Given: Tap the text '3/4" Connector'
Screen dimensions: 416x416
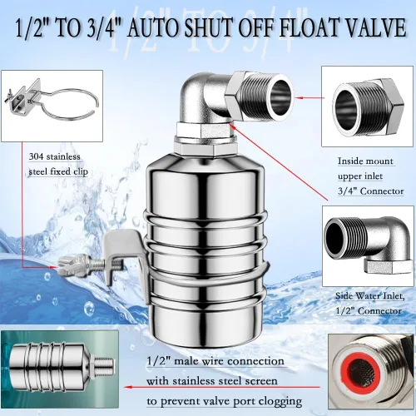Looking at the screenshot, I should point(370,191).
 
